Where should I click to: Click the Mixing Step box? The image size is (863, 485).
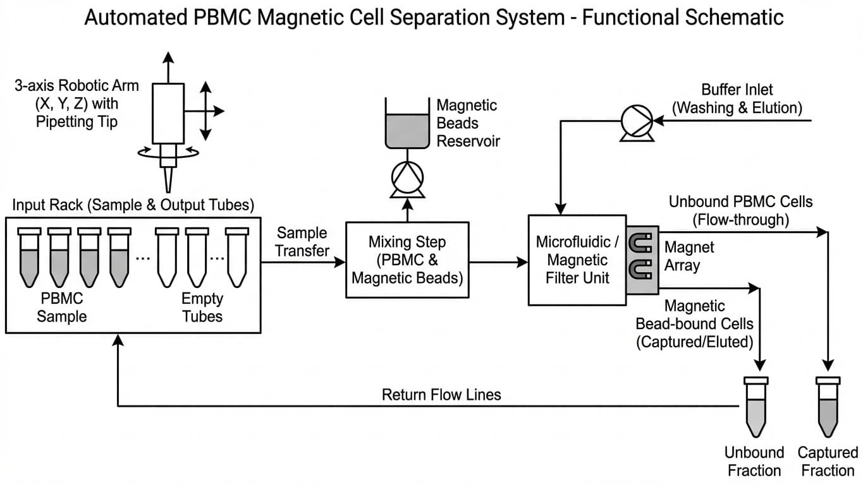click(407, 259)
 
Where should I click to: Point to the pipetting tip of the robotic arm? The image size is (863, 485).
click(168, 180)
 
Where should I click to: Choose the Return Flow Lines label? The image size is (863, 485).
click(441, 395)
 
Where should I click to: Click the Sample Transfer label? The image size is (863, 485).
click(302, 242)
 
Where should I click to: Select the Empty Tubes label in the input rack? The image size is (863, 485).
click(202, 307)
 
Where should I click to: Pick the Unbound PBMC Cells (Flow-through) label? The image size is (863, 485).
click(740, 210)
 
